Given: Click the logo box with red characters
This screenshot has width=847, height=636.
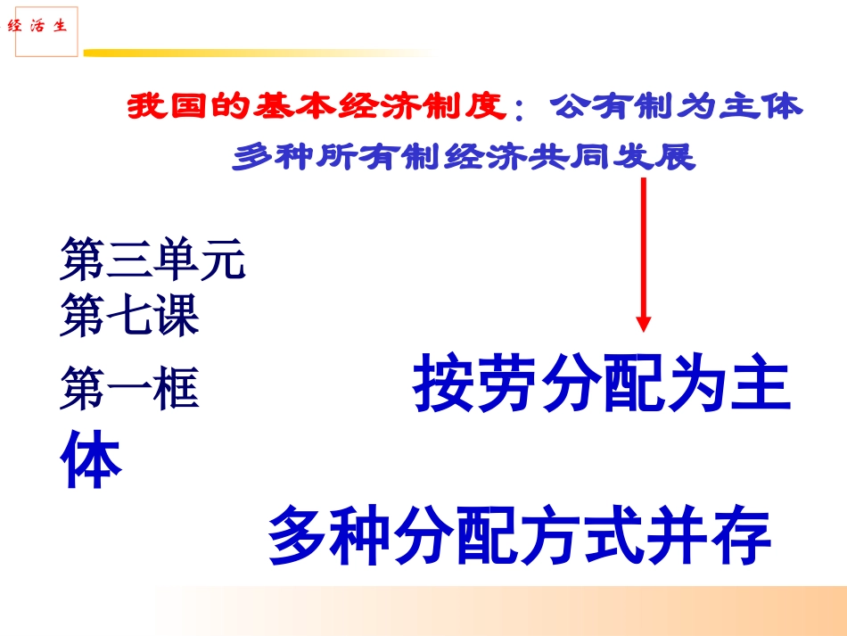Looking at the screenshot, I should [47, 28].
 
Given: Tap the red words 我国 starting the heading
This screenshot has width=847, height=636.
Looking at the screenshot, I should [160, 109].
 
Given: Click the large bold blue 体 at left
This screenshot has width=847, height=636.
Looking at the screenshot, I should [90, 461].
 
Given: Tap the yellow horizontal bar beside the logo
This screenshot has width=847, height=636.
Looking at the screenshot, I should [259, 53].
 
